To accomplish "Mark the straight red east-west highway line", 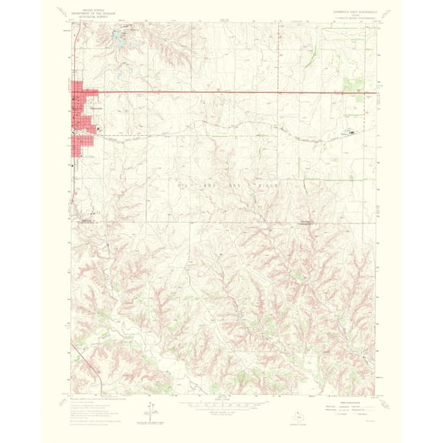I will (x=232, y=94).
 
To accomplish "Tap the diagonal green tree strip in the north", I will (x=308, y=54).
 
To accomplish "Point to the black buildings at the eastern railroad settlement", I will (x=352, y=132).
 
